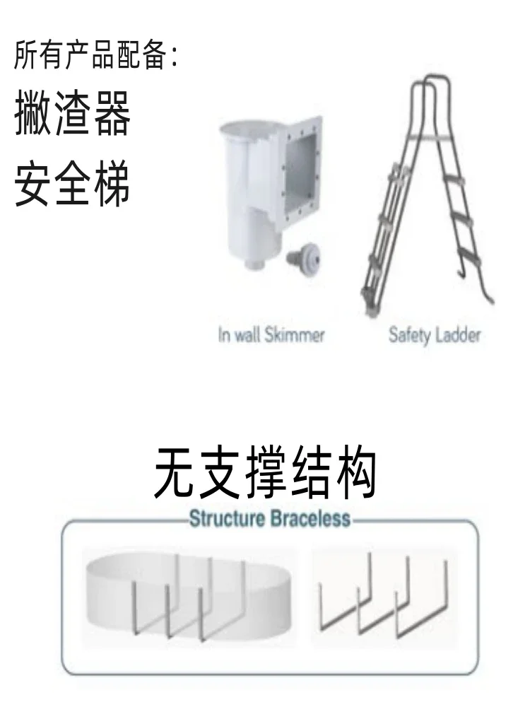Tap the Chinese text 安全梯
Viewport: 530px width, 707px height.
click(73, 185)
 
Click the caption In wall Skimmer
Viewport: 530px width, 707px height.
click(271, 334)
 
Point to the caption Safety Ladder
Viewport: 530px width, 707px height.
click(434, 334)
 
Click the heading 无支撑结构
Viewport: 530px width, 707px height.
click(265, 473)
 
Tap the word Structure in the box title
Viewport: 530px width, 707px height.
click(225, 520)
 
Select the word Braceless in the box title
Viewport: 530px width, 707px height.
click(308, 520)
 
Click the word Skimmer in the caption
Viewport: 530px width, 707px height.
click(295, 334)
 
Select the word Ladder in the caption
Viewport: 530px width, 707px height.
click(457, 334)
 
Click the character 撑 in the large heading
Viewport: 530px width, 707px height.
click(265, 473)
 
